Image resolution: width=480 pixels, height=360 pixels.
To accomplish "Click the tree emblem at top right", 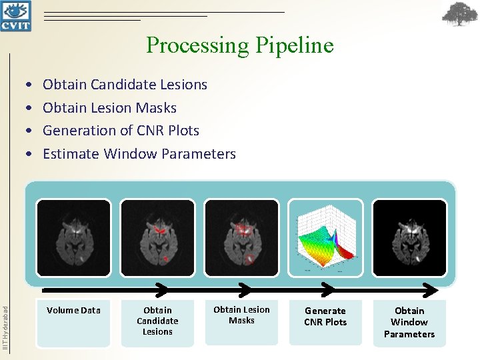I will [460, 15].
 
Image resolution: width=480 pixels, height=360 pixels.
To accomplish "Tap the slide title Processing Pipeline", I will [239, 45].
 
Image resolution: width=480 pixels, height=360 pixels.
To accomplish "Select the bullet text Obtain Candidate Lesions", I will [125, 85].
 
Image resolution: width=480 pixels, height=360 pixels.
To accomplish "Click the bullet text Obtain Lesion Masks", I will [109, 107].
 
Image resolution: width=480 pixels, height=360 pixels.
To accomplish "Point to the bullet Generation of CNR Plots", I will [121, 131].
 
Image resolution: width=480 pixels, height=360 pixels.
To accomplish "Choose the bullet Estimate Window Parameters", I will [139, 154].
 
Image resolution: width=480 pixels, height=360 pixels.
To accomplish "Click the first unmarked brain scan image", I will [73, 238].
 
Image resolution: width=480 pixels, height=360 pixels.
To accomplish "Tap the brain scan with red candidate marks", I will [157, 238].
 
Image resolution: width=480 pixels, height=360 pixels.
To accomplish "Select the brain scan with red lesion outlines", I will [241, 238].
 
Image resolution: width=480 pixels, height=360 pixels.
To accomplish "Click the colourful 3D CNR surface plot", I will [325, 238].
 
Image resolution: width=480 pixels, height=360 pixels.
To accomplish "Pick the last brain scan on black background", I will [409, 238].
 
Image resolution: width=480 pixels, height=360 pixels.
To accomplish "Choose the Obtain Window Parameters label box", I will [409, 323].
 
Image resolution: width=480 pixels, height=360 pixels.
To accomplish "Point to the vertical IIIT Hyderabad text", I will [5, 327].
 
